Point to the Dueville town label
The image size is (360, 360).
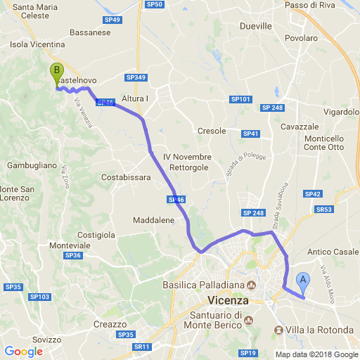click(255, 26)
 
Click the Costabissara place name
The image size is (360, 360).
click(126, 177)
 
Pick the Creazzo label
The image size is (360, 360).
click(110, 324)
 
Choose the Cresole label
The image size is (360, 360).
click(212, 131)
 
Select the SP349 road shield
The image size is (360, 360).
click(136, 77)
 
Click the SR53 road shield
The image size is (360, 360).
click(324, 210)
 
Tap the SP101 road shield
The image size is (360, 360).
click(241, 99)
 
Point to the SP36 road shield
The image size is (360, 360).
click(73, 255)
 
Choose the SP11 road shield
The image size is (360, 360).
click(142, 347)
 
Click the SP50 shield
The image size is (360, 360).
click(155, 4)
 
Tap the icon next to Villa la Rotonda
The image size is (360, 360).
click(279, 330)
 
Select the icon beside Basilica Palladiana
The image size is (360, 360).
click(250, 284)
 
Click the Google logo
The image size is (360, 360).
click(22, 351)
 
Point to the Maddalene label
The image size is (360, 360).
click(153, 220)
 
